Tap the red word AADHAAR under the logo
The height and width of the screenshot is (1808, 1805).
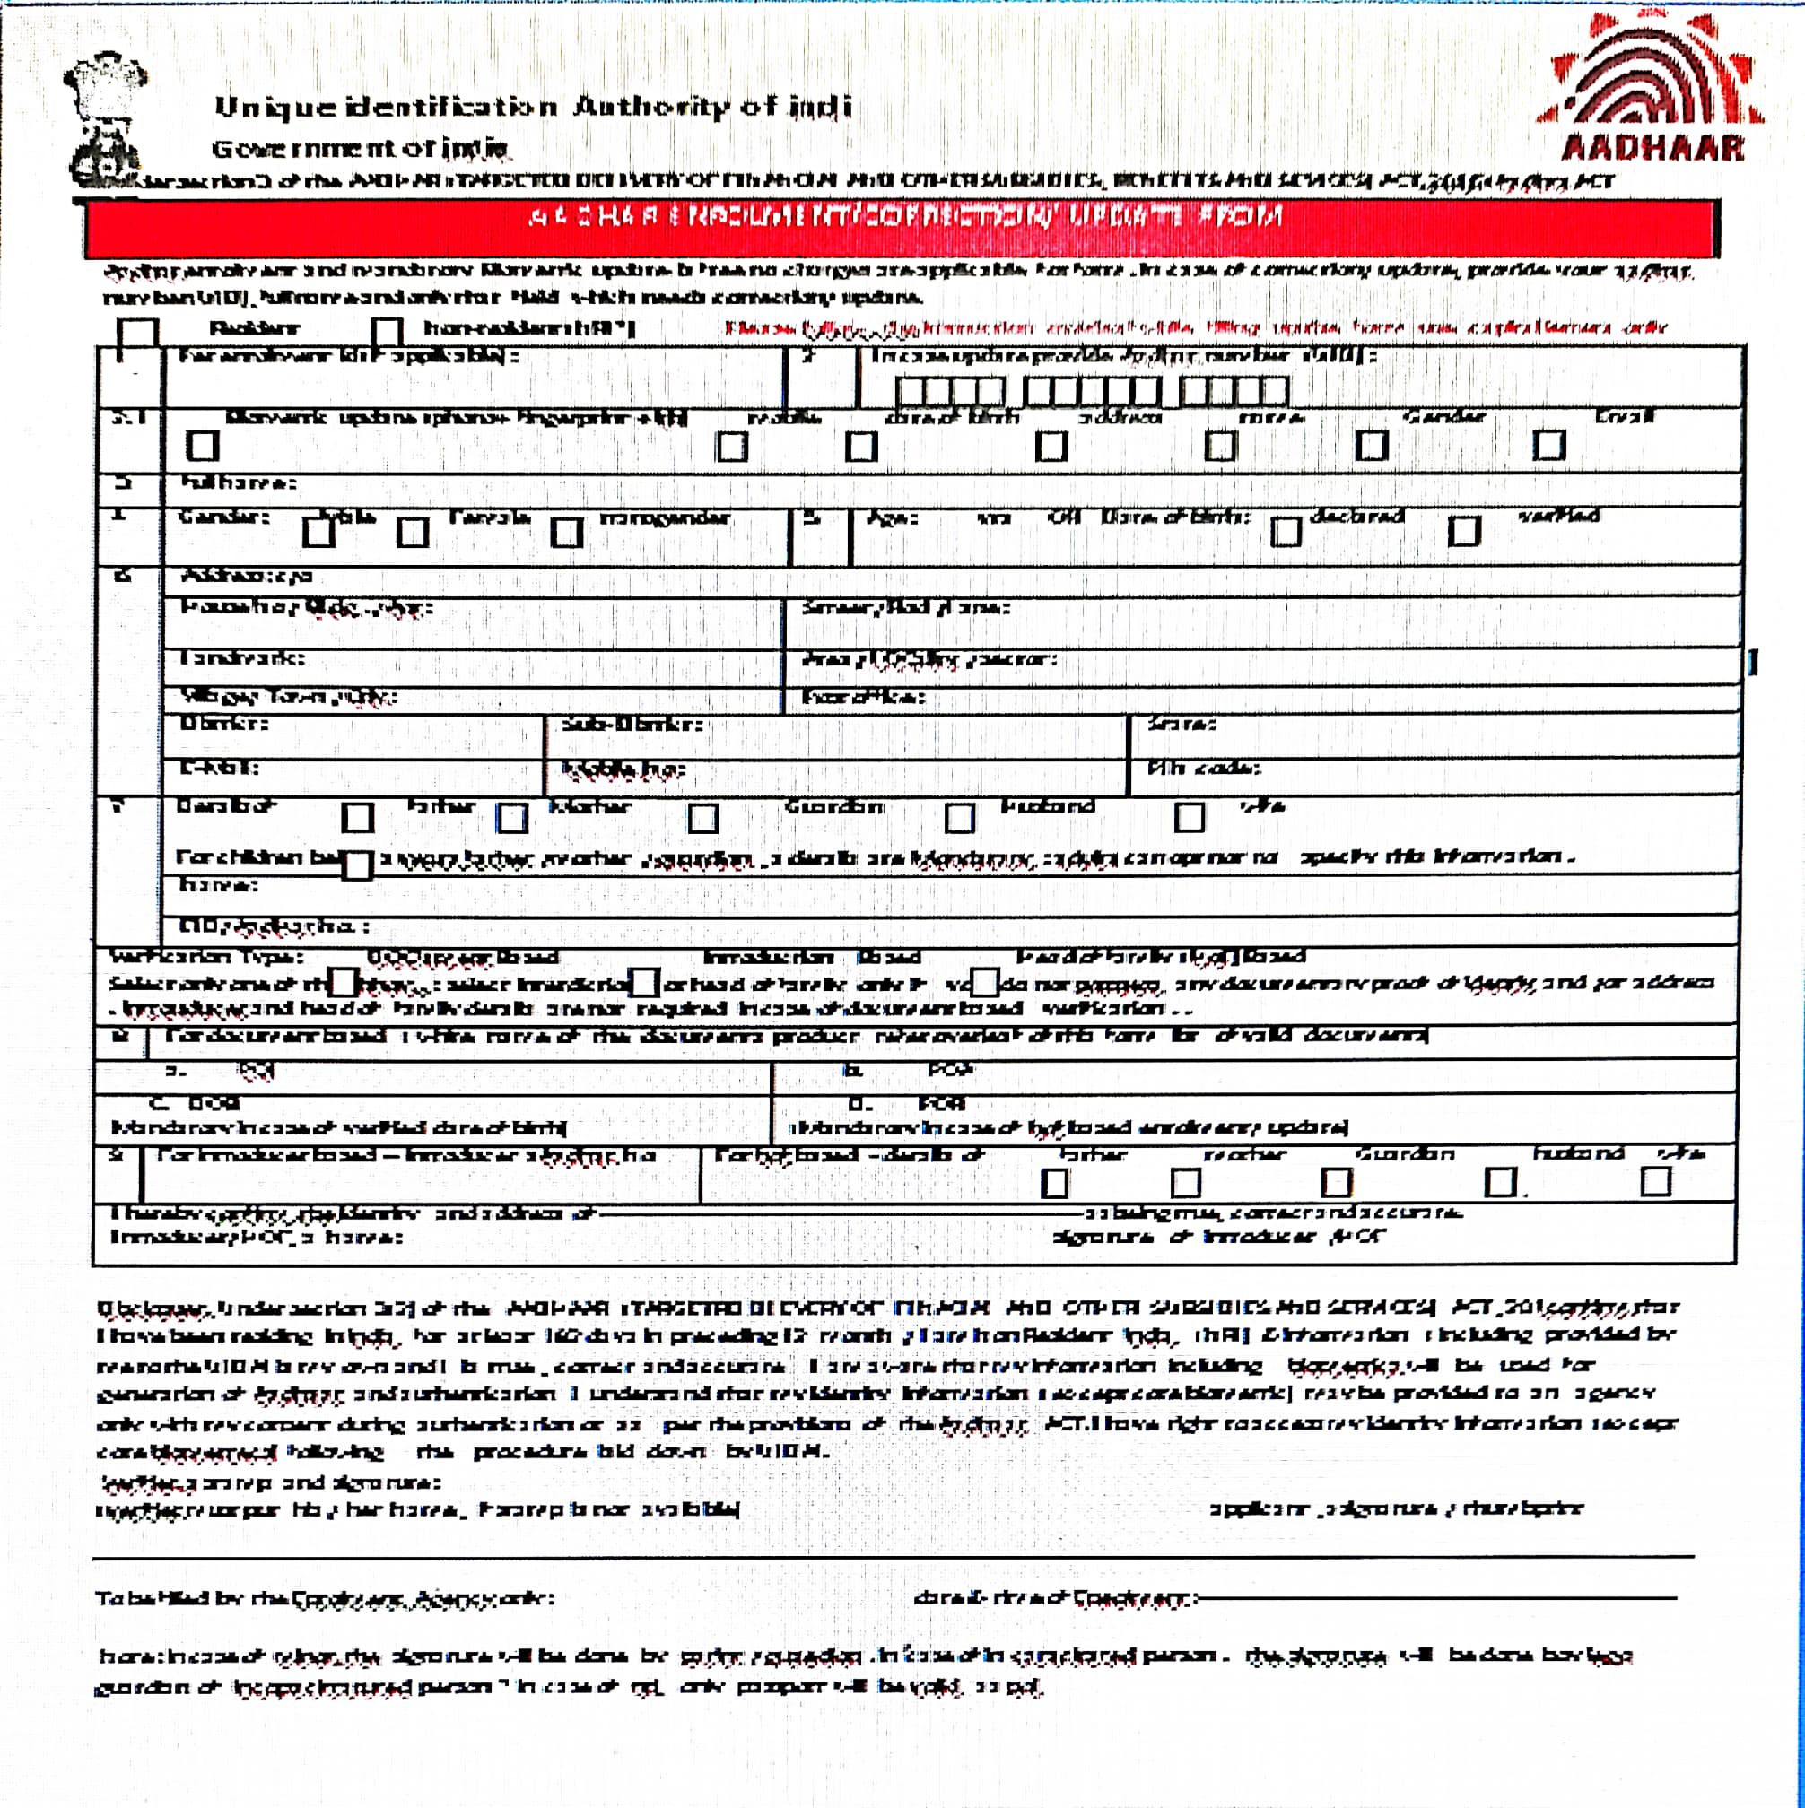1653,148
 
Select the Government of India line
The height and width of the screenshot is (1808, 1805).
361,148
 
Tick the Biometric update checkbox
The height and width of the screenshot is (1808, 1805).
202,447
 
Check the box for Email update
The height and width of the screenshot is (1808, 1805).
1548,446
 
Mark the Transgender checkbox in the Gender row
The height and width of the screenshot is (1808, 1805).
565,533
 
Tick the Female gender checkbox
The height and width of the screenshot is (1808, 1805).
412,533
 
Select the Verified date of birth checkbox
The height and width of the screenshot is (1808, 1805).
1463,532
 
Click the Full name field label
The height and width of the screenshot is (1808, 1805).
238,482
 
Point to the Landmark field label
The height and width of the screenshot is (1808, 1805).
242,658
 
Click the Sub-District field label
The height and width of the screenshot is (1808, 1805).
632,725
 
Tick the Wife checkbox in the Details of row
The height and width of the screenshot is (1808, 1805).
1189,818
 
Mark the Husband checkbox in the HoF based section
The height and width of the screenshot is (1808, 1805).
1501,1183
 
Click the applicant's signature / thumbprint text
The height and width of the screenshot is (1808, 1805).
1396,1508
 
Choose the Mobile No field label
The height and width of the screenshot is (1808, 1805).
623,769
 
